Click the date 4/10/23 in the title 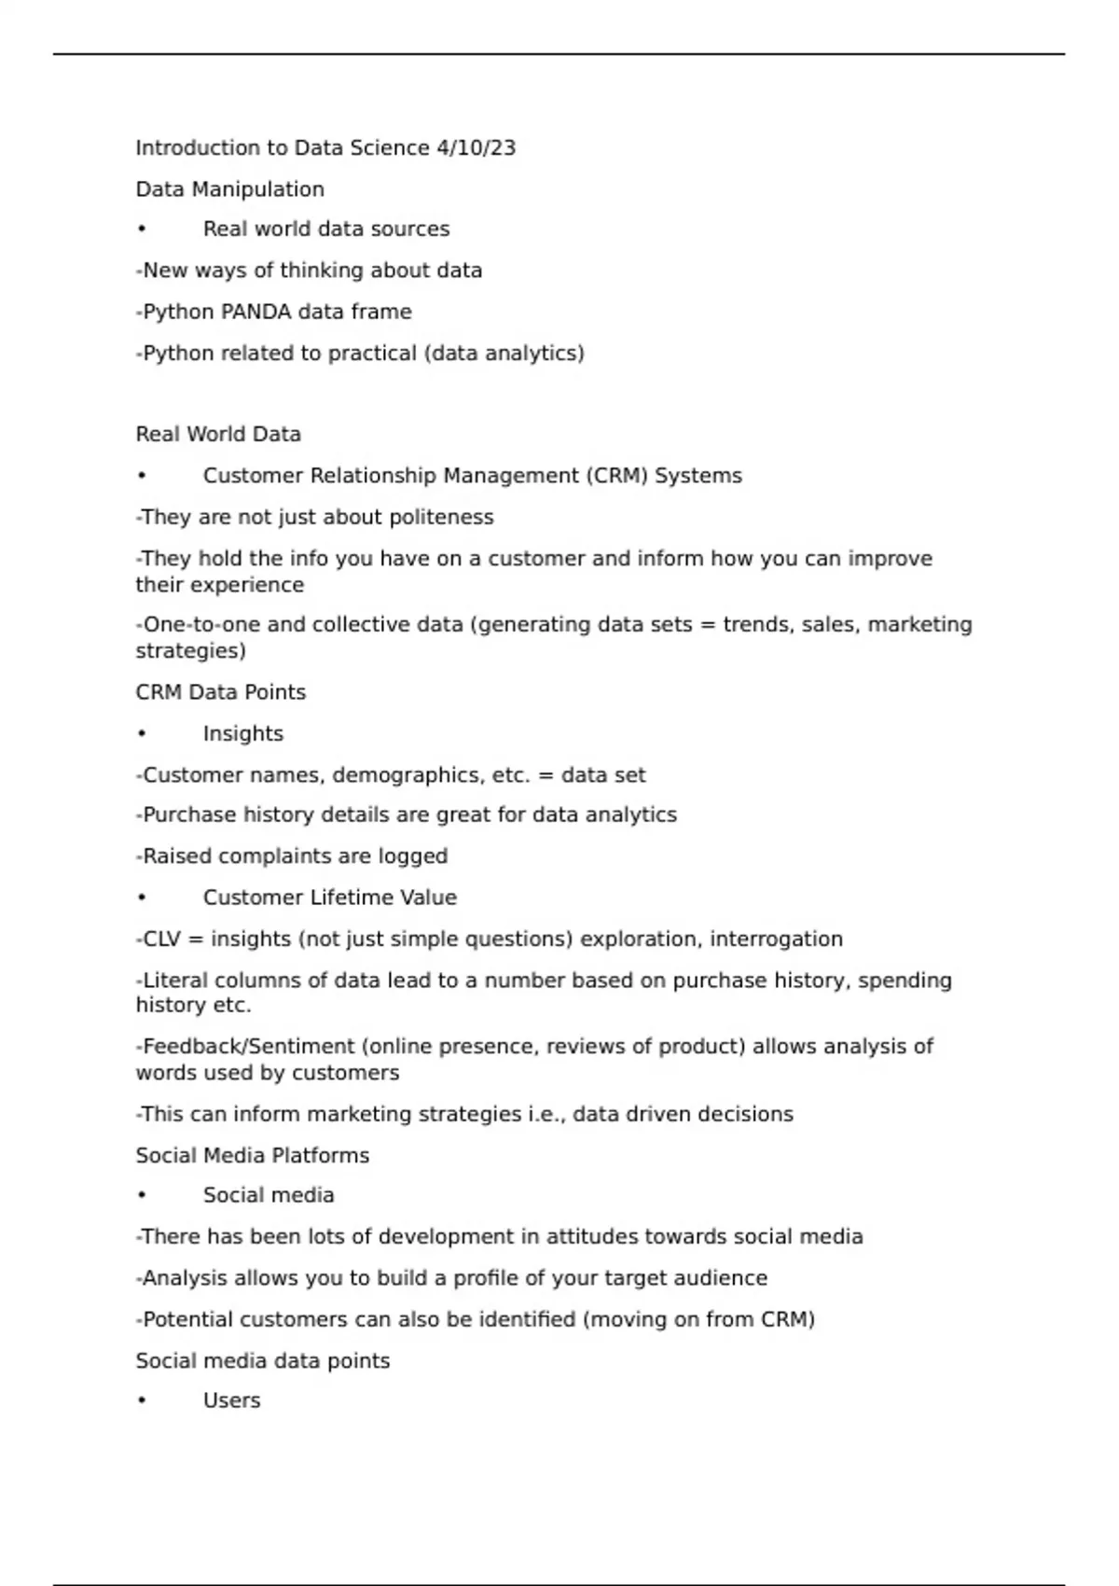(476, 148)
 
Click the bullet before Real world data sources (142, 230)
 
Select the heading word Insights (242, 733)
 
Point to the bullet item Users (231, 1400)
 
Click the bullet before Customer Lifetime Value (142, 897)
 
